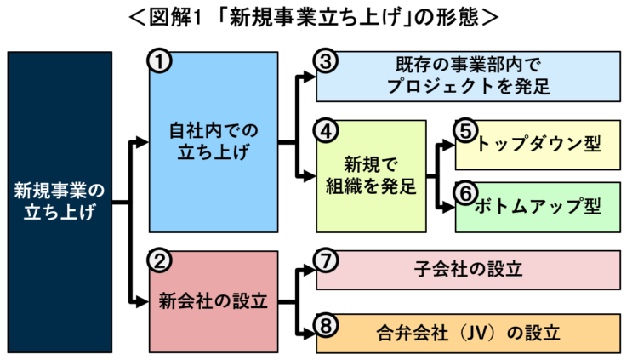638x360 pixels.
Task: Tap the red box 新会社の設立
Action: coord(214,300)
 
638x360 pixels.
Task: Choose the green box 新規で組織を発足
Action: coord(371,174)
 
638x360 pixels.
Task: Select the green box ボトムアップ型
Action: coord(538,206)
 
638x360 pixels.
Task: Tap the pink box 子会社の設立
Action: coord(468,270)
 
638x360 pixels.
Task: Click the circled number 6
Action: coord(464,192)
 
